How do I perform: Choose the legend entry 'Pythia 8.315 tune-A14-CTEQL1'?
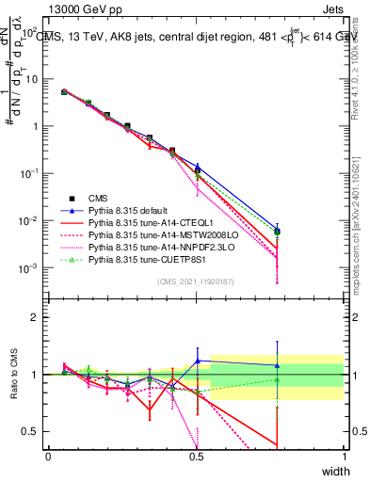pos(150,223)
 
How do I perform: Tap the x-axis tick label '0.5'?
pos(197,457)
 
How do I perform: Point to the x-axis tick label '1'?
pos(345,457)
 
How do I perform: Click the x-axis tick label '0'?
pos(49,457)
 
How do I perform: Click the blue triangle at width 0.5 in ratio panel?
pos(197,361)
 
